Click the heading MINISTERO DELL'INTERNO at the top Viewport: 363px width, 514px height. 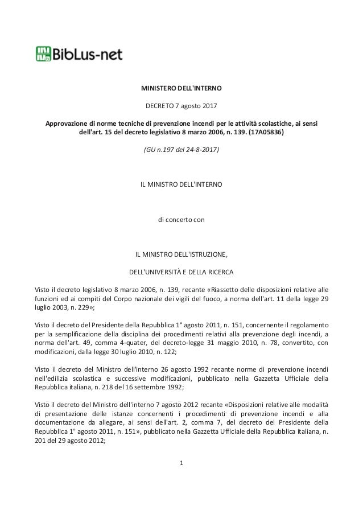point(181,89)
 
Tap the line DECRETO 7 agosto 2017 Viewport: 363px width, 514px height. point(181,106)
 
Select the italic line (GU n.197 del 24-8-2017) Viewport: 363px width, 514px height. point(181,151)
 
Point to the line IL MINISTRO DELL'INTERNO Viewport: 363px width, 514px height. point(181,185)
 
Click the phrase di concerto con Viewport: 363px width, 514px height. point(181,219)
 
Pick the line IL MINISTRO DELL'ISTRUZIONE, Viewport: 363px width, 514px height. point(181,253)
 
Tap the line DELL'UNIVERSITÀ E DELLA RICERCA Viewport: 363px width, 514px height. point(181,270)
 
